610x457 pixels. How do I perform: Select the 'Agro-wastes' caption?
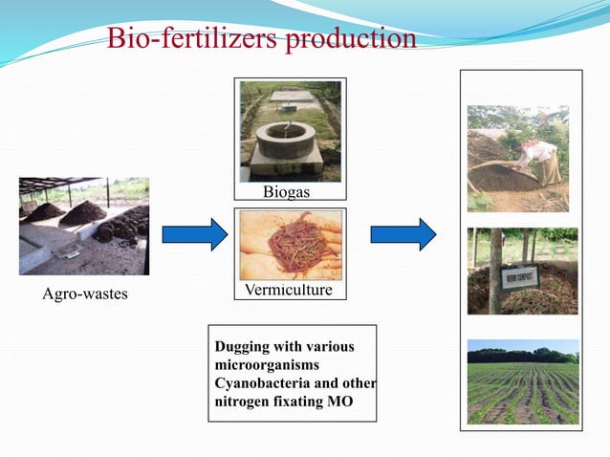pyautogui.click(x=85, y=294)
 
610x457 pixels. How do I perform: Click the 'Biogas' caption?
pyautogui.click(x=288, y=192)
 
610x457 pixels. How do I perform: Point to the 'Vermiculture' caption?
pyautogui.click(x=290, y=287)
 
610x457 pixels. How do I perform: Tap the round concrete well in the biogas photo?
pyautogui.click(x=285, y=139)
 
